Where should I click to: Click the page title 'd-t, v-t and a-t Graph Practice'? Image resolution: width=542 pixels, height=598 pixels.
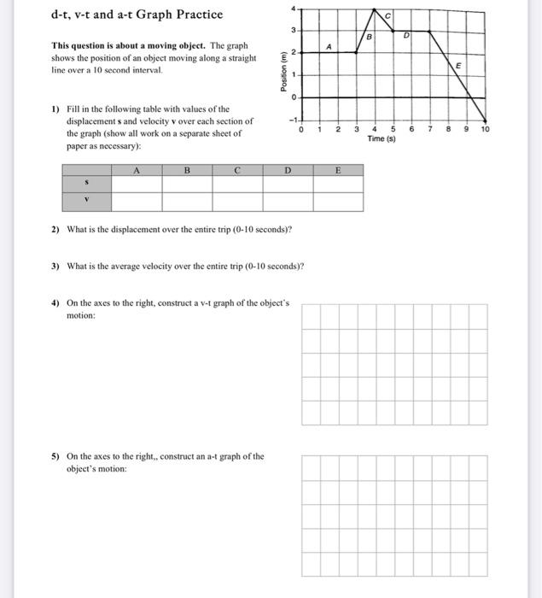click(137, 15)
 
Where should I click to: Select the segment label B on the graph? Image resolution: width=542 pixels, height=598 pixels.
click(369, 38)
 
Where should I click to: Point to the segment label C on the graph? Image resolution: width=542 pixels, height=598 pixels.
click(387, 16)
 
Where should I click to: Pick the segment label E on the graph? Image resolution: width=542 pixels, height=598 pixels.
click(457, 66)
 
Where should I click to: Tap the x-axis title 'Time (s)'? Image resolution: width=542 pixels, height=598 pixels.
click(380, 138)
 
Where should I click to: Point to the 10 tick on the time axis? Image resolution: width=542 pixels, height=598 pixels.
click(486, 130)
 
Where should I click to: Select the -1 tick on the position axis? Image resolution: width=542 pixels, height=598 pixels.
click(290, 120)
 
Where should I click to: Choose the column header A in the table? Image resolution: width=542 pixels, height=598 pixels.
click(137, 170)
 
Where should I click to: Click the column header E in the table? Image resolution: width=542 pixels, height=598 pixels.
click(337, 170)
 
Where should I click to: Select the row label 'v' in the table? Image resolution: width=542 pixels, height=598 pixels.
click(86, 202)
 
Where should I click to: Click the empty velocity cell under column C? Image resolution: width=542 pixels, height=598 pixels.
click(238, 202)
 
